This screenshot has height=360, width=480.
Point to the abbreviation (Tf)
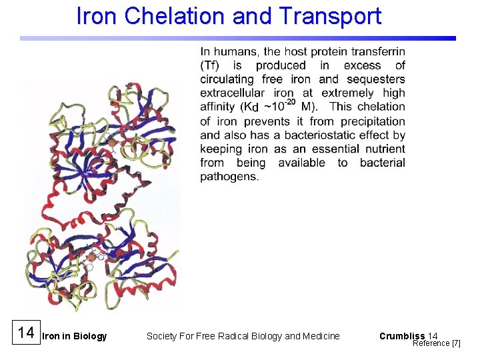pyautogui.click(x=211, y=65)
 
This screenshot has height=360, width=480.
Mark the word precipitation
pyautogui.click(x=373, y=121)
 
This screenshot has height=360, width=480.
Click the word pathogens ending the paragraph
pyautogui.click(x=229, y=177)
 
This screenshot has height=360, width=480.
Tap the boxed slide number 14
pyautogui.click(x=25, y=333)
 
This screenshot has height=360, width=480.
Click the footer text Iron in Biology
pyautogui.click(x=74, y=336)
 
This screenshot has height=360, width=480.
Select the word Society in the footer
pyautogui.click(x=161, y=336)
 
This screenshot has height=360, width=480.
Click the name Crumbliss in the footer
pyautogui.click(x=401, y=336)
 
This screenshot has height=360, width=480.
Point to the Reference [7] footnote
pyautogui.click(x=436, y=343)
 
